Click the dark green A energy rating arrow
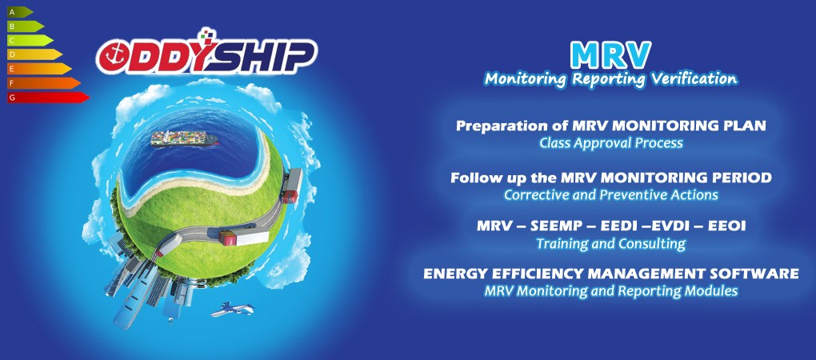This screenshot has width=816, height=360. tap(20, 12)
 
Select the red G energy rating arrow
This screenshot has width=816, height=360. tap(48, 98)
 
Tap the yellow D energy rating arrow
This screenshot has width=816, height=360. tap(34, 54)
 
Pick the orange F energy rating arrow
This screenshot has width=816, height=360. tap(44, 83)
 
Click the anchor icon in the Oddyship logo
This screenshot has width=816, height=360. tap(113, 55)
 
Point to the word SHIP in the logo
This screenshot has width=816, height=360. tap(267, 56)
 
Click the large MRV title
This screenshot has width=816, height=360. tap(610, 54)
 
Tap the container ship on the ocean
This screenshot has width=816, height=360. tap(184, 138)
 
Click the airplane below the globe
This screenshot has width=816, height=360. tap(231, 309)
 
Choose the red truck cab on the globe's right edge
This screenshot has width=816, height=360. tap(289, 196)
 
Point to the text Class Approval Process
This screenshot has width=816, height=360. tap(611, 143)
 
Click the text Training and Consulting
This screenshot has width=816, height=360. tap(611, 243)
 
